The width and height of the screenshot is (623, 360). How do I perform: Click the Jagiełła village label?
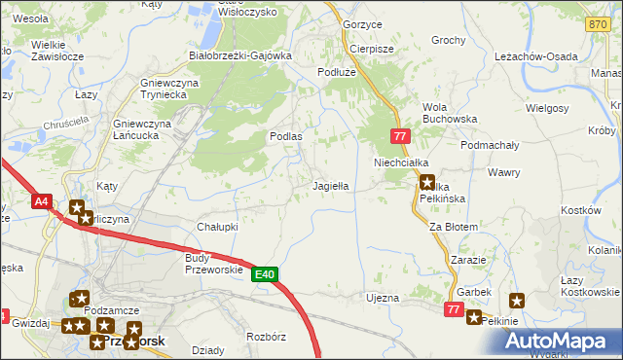click(330, 185)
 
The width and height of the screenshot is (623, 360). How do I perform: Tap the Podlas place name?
click(285, 137)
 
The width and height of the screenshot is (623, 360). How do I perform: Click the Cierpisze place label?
click(371, 49)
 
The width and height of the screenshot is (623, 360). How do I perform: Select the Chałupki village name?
click(217, 227)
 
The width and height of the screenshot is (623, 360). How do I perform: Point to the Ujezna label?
click(382, 298)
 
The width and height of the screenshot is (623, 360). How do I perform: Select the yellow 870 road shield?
click(599, 24)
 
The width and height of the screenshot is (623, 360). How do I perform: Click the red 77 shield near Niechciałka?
click(400, 137)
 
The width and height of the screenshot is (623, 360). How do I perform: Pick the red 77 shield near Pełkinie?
click(453, 308)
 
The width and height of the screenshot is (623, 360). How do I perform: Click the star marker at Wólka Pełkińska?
click(426, 181)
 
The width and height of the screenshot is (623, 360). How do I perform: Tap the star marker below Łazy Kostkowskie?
click(516, 301)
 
